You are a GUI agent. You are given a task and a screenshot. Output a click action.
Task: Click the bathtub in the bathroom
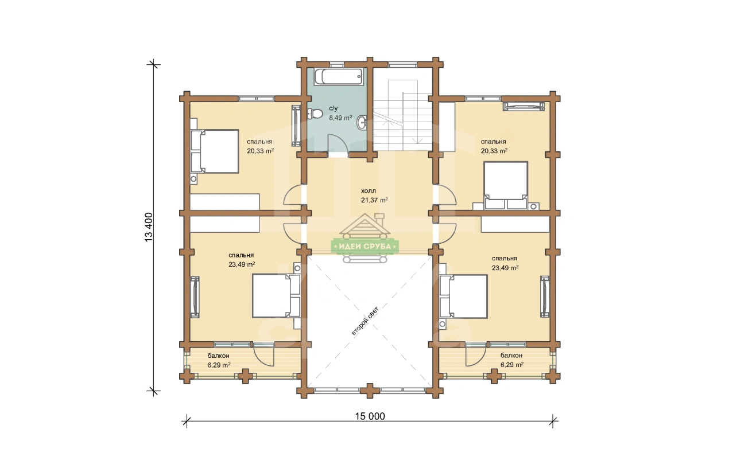pos(339,77)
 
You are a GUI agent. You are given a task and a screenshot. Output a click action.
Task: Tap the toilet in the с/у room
pos(314,114)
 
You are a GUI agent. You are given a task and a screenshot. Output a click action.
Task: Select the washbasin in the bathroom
pos(362,123)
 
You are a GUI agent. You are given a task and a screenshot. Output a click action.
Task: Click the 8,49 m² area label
pos(340,118)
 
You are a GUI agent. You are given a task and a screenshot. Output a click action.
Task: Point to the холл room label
pos(369,191)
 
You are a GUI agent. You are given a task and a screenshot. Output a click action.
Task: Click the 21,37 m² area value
pos(374,200)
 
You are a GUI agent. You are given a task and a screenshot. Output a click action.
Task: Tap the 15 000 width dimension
pos(370,416)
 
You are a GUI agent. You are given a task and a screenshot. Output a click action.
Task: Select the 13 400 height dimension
pos(149,227)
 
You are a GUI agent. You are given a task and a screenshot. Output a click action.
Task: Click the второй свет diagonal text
pos(365,321)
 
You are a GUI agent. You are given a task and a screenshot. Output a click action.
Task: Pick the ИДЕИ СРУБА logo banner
pos(365,247)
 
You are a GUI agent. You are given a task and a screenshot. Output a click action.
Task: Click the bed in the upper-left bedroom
pos(215,151)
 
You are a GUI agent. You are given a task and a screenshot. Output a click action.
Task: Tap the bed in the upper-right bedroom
pos(506,185)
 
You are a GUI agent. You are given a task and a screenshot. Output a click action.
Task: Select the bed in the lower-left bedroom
pos(276,296)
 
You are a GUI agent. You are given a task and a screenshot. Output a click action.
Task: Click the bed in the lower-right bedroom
pos(463,296)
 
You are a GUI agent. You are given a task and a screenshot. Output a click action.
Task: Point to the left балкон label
pos(218,356)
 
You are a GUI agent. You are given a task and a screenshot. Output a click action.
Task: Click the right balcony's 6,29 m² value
pos(512,365)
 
